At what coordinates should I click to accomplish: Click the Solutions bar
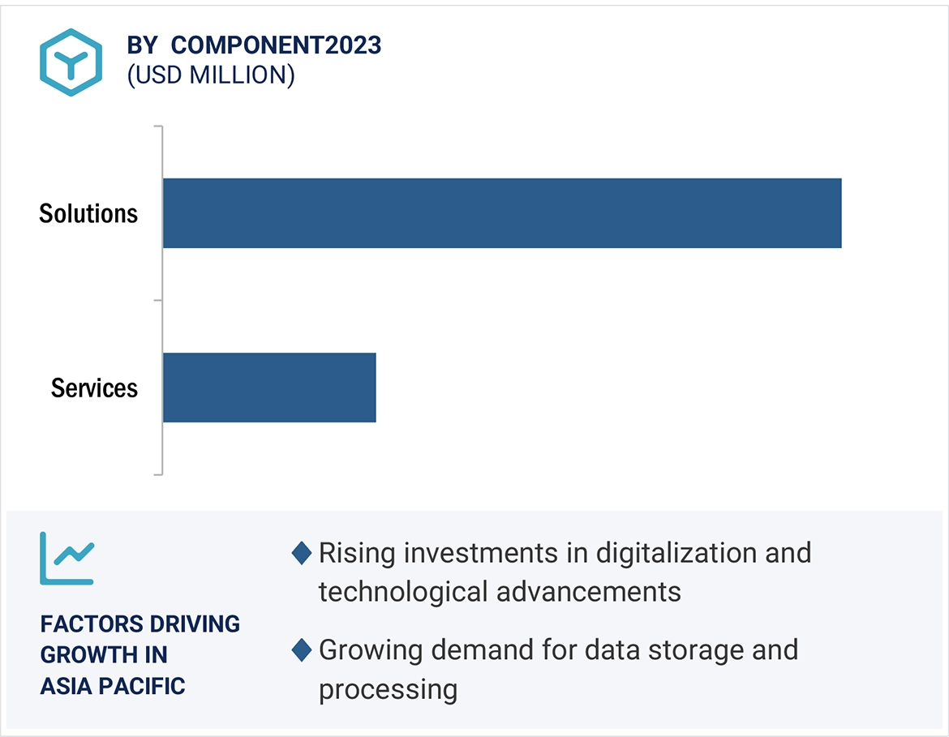pyautogui.click(x=501, y=213)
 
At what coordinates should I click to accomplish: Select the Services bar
pyautogui.click(x=269, y=388)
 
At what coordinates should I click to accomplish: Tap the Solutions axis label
pyautogui.click(x=88, y=214)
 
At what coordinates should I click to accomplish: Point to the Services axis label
pyautogui.click(x=94, y=388)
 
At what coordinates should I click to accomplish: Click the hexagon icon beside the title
pyautogui.click(x=71, y=62)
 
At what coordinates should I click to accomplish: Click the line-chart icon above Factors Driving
pyautogui.click(x=67, y=558)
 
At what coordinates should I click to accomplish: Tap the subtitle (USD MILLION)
pyautogui.click(x=211, y=75)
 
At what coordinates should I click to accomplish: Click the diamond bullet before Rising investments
pyautogui.click(x=301, y=554)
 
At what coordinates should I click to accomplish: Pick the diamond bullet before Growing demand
pyautogui.click(x=301, y=650)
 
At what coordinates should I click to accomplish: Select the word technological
pyautogui.click(x=403, y=592)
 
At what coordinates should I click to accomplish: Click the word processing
pyautogui.click(x=388, y=689)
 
